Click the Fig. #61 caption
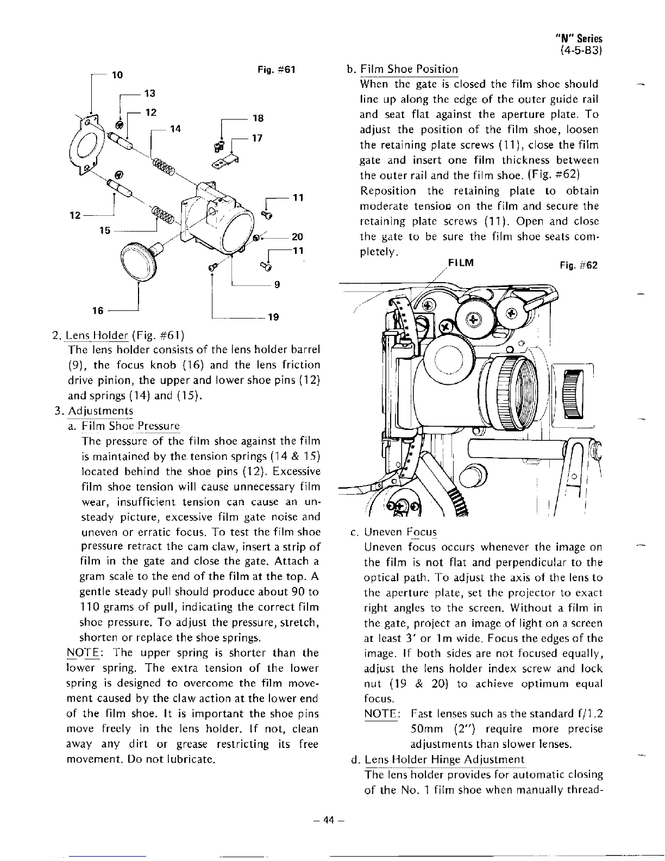[x=276, y=70]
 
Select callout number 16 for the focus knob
[x=98, y=310]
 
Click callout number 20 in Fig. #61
[x=297, y=237]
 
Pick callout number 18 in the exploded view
[x=258, y=118]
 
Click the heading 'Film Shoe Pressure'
[x=130, y=426]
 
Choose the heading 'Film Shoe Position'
[x=409, y=70]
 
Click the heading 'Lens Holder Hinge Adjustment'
[x=444, y=759]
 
